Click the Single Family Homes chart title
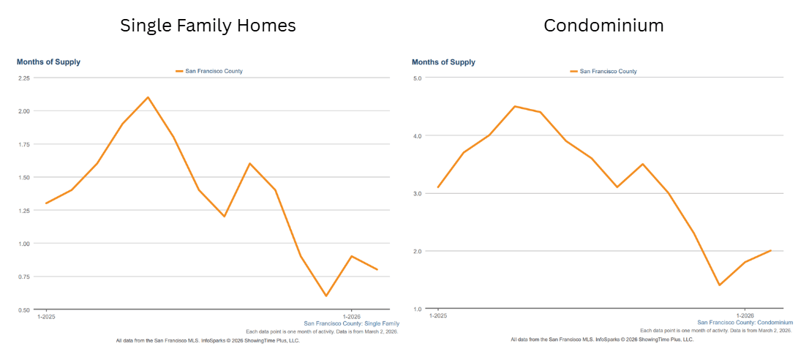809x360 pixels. (x=208, y=26)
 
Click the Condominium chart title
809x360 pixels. (x=603, y=26)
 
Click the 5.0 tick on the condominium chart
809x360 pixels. (x=418, y=78)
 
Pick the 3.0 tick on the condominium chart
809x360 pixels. (x=418, y=193)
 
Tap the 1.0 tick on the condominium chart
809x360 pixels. (x=418, y=309)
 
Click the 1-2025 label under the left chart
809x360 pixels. (x=46, y=316)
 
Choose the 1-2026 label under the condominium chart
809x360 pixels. (x=744, y=316)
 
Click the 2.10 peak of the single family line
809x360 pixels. (x=148, y=97)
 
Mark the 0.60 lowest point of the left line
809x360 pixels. (x=326, y=296)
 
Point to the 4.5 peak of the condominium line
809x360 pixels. (x=514, y=106)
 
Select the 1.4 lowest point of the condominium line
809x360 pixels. (x=719, y=285)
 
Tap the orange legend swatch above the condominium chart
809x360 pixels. (x=574, y=71)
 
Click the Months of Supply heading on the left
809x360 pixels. (x=48, y=62)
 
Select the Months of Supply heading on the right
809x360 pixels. (x=443, y=62)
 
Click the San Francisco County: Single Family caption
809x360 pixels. (x=351, y=323)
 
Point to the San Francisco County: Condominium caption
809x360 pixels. (x=745, y=323)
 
